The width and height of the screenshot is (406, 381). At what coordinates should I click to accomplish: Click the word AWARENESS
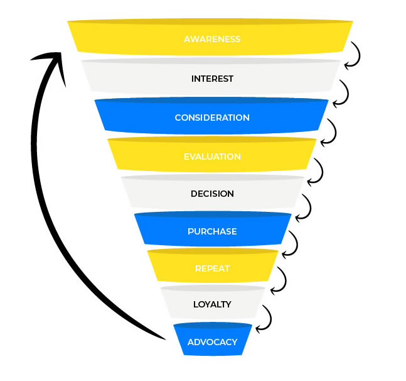pyautogui.click(x=212, y=39)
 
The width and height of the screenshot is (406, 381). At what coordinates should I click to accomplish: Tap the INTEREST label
pyautogui.click(x=212, y=79)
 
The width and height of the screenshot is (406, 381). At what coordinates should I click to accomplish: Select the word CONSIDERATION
pyautogui.click(x=212, y=118)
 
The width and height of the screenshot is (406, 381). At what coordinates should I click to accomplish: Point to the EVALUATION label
pyautogui.click(x=212, y=157)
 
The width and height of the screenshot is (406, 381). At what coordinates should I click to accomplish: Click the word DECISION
pyautogui.click(x=212, y=194)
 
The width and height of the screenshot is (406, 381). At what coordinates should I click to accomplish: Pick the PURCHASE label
pyautogui.click(x=212, y=231)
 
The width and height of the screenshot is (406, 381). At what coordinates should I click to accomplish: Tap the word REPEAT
pyautogui.click(x=212, y=268)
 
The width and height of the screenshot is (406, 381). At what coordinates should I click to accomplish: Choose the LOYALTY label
pyautogui.click(x=212, y=304)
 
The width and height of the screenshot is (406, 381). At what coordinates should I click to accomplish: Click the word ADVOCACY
pyautogui.click(x=212, y=342)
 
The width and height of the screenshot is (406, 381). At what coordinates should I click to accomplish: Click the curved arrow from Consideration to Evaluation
pyautogui.click(x=330, y=132)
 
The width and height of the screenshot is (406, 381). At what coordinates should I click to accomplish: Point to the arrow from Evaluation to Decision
pyautogui.click(x=318, y=170)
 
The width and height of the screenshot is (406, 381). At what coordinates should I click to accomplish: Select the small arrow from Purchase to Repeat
pyautogui.click(x=292, y=245)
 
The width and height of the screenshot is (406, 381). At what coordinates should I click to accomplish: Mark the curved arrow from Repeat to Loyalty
pyautogui.click(x=279, y=281)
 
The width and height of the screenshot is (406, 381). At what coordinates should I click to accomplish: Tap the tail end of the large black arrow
pyautogui.click(x=164, y=338)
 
